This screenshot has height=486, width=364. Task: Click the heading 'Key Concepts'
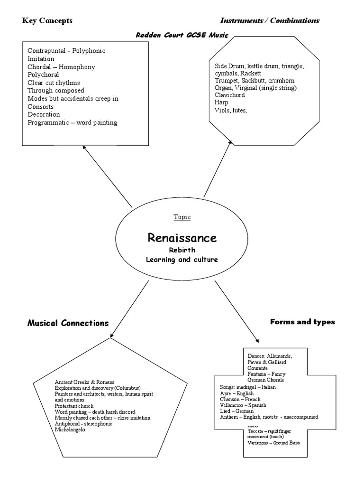47,20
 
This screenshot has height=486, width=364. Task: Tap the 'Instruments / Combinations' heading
270,20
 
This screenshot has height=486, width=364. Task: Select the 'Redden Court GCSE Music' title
182,35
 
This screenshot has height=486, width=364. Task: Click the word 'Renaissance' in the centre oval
182,237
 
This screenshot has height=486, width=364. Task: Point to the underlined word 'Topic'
182,217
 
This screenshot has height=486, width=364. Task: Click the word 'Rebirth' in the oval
182,250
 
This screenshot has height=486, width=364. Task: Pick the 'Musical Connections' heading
68,323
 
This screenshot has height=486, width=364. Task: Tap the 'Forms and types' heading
302,322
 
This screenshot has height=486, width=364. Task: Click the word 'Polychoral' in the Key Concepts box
43,75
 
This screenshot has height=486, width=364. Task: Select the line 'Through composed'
56,91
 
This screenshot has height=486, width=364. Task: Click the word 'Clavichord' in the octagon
230,95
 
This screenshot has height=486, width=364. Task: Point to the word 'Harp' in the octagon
221,103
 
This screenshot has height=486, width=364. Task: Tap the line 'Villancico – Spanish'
243,405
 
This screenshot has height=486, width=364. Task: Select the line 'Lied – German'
237,411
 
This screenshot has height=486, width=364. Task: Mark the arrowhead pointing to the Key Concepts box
84,148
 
